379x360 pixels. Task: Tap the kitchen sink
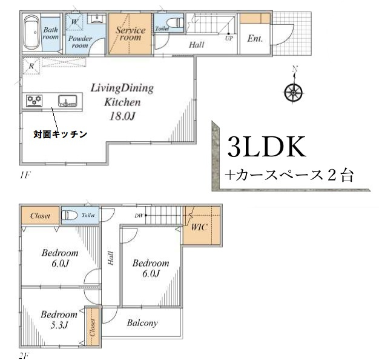coord(67,101)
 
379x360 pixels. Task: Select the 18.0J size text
coord(122,116)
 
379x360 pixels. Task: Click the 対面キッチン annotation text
coord(61,134)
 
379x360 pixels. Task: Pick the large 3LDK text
coord(267,148)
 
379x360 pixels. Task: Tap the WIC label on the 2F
coord(199,228)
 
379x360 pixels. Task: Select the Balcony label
coord(142,323)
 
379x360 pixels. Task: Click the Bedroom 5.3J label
coord(59,319)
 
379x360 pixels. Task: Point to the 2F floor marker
coord(23,355)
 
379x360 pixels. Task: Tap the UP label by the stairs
coord(229,38)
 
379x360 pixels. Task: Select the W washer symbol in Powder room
coord(75,22)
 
